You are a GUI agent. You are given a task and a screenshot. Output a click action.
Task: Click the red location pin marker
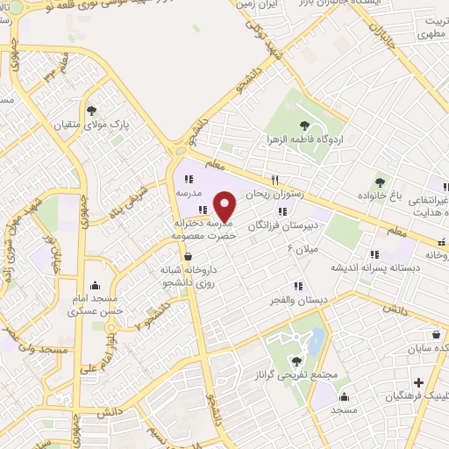225,206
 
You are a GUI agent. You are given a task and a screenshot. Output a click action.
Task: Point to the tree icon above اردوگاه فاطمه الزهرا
303,124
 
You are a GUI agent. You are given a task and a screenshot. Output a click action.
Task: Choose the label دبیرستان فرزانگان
281,225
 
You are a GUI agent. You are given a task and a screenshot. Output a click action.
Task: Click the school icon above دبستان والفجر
298,285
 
